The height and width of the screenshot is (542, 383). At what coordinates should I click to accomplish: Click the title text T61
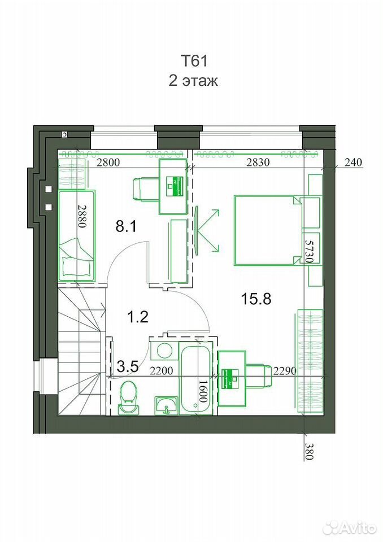[194, 62]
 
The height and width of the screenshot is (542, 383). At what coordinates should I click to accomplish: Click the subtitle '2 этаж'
[193, 81]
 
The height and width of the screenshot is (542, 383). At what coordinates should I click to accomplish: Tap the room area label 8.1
[126, 227]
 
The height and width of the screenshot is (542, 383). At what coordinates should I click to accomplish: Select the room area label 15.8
[256, 299]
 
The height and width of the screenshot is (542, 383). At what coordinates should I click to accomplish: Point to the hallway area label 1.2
[138, 317]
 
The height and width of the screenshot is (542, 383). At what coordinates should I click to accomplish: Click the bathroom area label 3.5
[128, 366]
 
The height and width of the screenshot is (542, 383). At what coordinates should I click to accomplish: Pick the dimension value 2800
[108, 163]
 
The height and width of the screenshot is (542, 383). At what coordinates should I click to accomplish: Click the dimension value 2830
[258, 163]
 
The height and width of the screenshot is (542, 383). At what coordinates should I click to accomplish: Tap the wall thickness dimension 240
[353, 162]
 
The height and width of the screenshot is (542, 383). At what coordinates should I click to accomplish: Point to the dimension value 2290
[285, 371]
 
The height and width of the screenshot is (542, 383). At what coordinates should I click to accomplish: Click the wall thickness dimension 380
[308, 451]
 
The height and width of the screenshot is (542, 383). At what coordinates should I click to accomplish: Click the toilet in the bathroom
[128, 397]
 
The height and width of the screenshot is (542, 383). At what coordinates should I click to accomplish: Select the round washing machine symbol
[164, 351]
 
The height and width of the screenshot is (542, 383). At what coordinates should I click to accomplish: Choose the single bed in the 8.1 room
[76, 235]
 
